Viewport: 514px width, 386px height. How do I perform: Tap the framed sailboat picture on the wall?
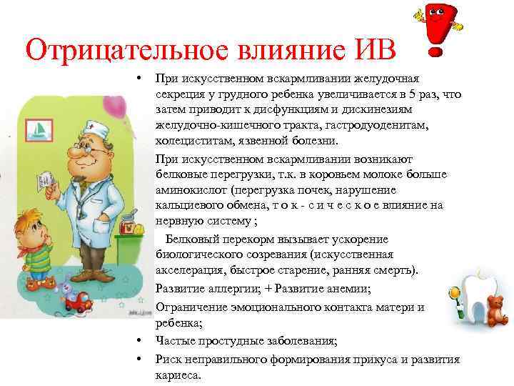[41, 129]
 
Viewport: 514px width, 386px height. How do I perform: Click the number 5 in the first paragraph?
[416, 94]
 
